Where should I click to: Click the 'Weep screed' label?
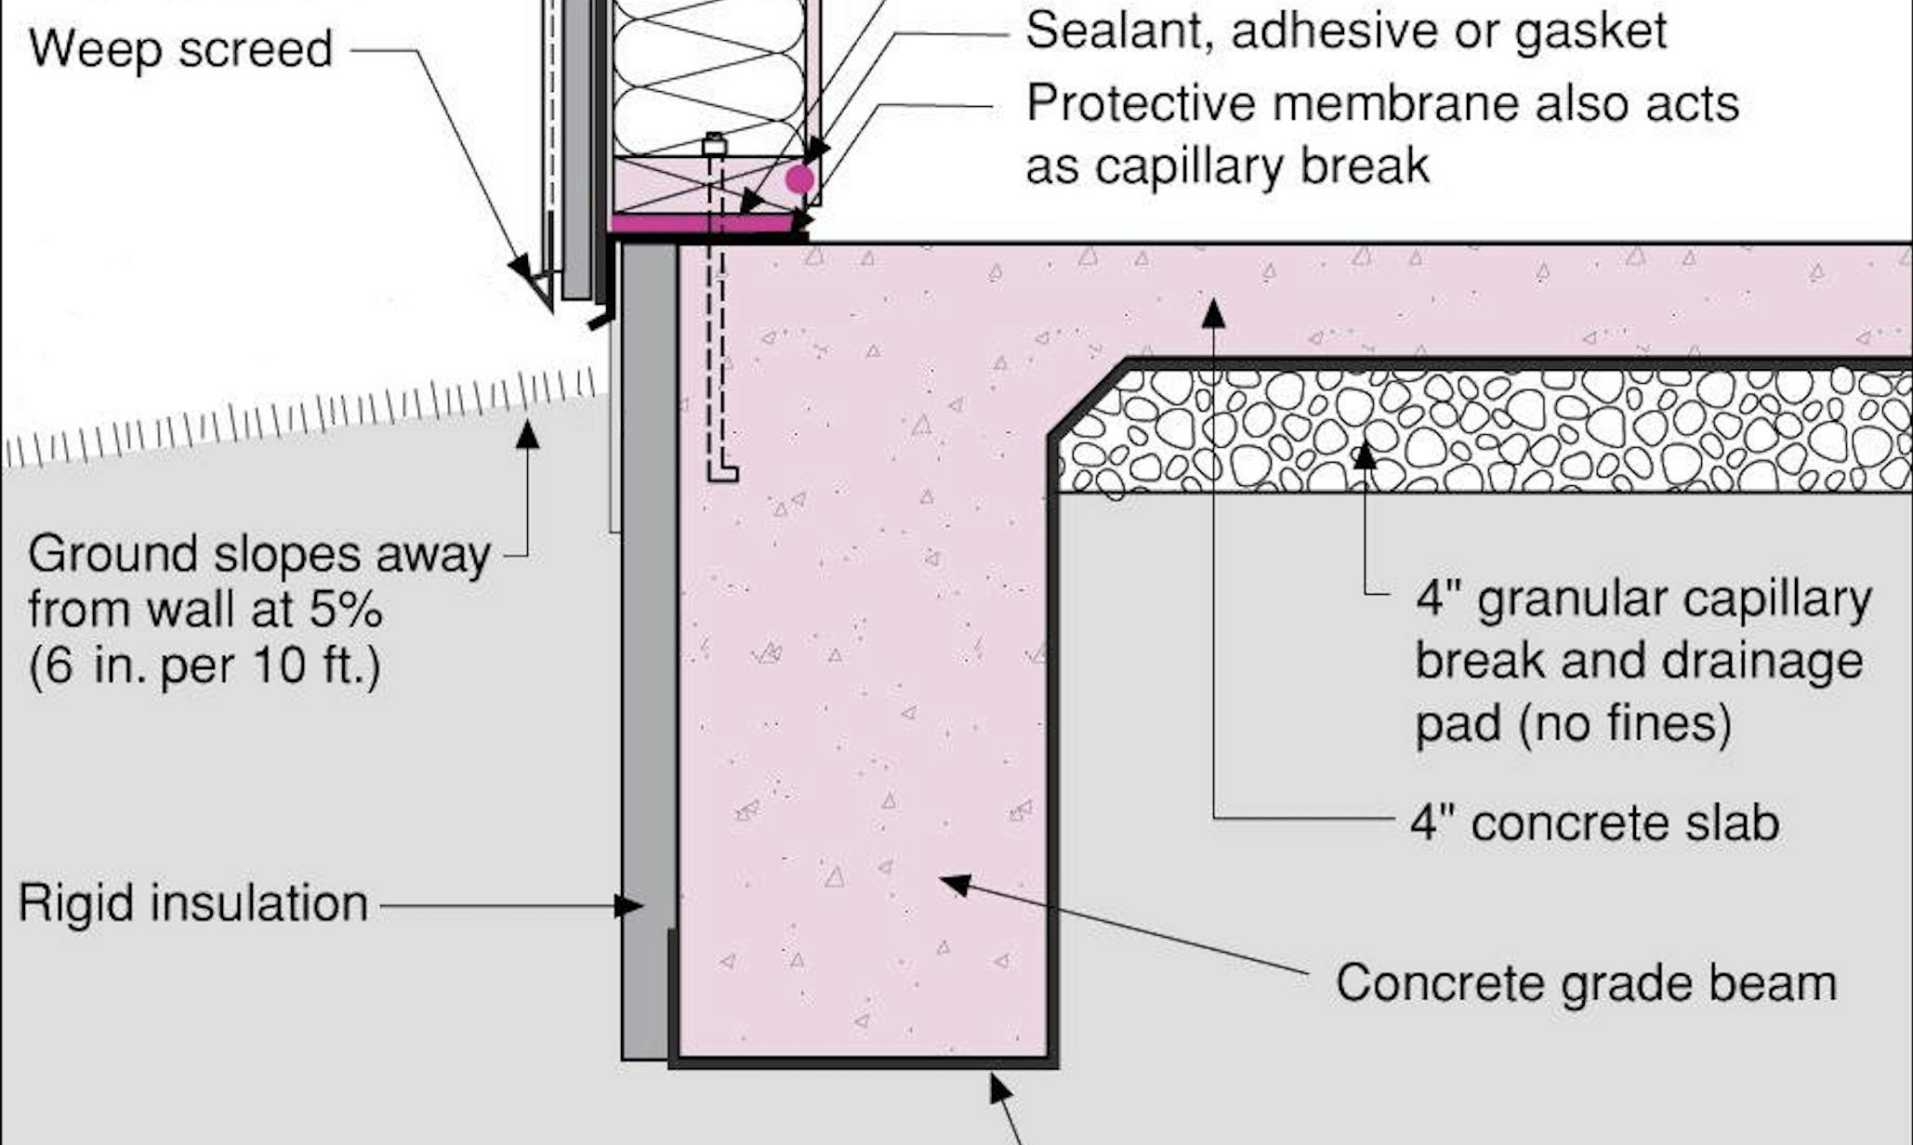point(180,48)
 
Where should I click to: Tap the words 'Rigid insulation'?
point(193,903)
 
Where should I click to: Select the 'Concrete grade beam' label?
point(1586,983)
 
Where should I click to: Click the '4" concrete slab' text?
point(1594,823)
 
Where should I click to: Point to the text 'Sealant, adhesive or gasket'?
point(1345,31)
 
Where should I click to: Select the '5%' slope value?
point(345,610)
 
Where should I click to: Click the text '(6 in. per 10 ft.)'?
point(204,665)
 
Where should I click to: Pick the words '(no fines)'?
point(1625,724)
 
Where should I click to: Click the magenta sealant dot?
point(799,179)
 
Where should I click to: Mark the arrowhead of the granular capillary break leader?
point(1365,455)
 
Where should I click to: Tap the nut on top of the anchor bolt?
point(714,145)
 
